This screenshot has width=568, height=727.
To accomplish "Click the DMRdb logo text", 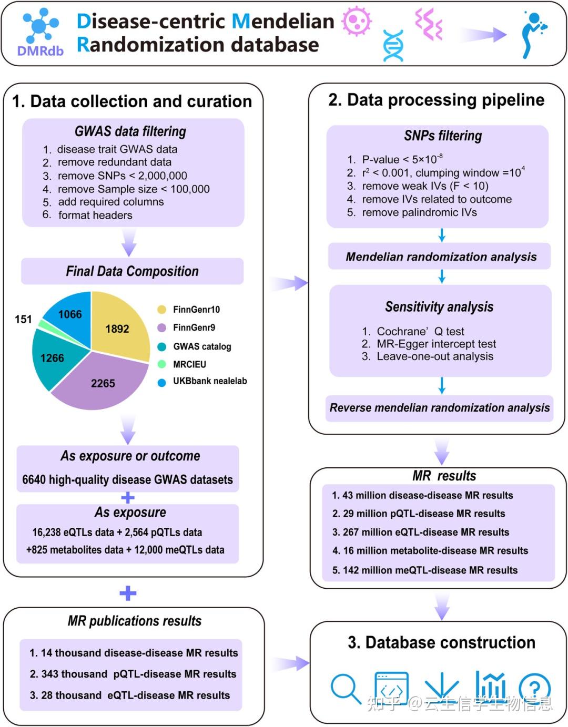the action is (40, 51).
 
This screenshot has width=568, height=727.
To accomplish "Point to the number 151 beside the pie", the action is (23, 319).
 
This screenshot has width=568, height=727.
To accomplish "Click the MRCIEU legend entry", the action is (182, 364).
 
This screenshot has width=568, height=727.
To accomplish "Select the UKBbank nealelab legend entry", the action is (202, 381).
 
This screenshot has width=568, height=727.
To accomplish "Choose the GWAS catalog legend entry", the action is (194, 346).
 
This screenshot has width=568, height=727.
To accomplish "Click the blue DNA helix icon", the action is (393, 46).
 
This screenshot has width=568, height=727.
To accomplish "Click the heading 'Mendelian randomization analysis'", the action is (441, 257).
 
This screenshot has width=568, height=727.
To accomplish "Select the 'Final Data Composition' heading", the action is (132, 271).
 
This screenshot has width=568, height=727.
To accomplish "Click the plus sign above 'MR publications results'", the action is (128, 593).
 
